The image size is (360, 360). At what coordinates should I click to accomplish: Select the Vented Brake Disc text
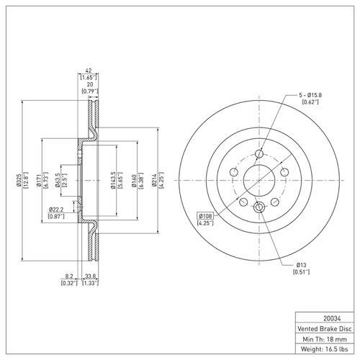click(321, 328)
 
